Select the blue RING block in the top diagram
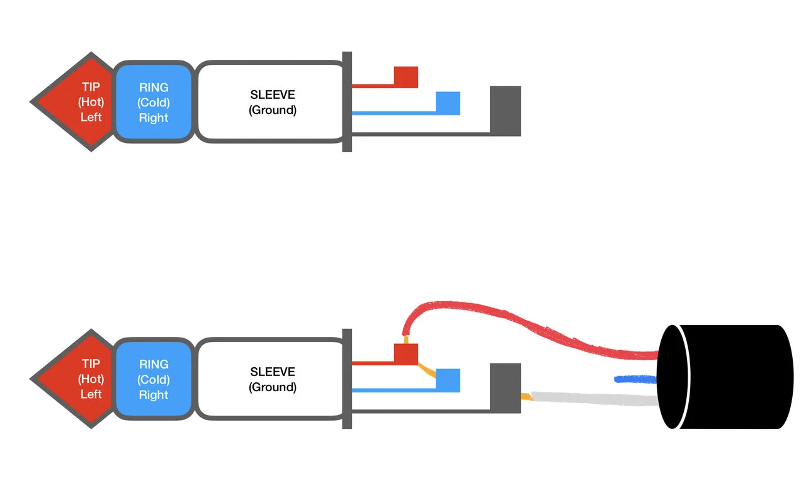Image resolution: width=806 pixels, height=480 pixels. (x=154, y=102)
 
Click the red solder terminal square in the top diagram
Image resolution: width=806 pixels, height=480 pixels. (x=406, y=77)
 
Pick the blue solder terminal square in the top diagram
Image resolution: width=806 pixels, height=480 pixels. (x=448, y=103)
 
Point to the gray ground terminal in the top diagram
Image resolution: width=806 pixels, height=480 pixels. (x=506, y=111)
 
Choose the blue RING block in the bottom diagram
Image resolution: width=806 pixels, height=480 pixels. (x=154, y=379)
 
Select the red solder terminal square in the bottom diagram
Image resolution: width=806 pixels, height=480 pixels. (x=406, y=354)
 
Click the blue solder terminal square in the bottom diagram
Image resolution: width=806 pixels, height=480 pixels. (x=448, y=380)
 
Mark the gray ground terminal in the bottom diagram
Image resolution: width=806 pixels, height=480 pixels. (x=506, y=388)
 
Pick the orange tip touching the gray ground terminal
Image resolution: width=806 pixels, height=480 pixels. (x=526, y=396)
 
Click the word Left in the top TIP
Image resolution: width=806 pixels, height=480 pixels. (x=91, y=117)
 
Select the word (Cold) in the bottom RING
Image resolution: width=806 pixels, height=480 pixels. (x=154, y=379)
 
